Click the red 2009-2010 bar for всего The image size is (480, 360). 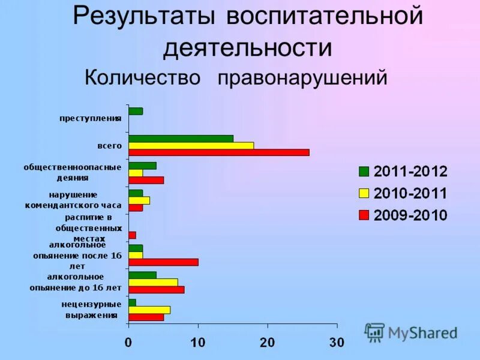(219, 152)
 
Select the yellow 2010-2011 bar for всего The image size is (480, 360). (191, 145)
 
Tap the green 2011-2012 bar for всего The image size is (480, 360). (181, 139)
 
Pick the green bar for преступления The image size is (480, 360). (136, 111)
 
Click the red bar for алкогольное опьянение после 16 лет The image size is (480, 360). (163, 262)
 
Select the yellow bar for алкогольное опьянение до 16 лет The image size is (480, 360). (153, 282)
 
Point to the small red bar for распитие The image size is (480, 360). (132, 235)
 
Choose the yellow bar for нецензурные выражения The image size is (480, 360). (149, 310)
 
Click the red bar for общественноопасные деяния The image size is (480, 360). (146, 180)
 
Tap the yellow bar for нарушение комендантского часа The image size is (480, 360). (139, 200)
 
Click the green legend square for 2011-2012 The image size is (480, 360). (364, 172)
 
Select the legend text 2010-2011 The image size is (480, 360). (410, 193)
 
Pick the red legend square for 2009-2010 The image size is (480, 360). (364, 215)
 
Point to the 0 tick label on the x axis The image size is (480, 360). (128, 343)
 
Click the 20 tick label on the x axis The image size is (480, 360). (268, 343)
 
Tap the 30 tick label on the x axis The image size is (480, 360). (337, 343)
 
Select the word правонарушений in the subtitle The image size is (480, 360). (302, 78)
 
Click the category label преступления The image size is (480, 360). (90, 118)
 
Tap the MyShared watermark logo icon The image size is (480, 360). (374, 332)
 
